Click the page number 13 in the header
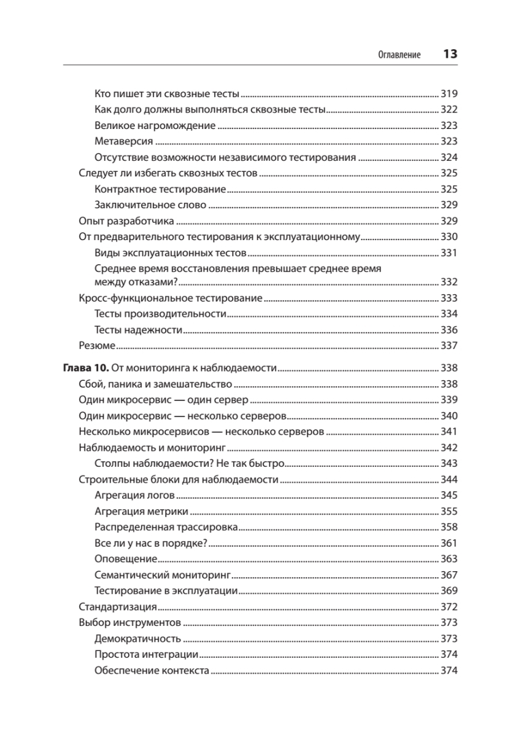450,54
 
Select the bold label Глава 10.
86,369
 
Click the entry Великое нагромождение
155,125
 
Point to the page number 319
450,94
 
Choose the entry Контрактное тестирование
161,189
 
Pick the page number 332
450,282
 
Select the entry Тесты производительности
161,314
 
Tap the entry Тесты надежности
139,330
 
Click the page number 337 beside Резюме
450,346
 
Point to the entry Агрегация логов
135,495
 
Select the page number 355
450,511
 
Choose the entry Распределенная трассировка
166,527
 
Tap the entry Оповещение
126,559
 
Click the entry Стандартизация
117,607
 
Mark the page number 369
450,591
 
